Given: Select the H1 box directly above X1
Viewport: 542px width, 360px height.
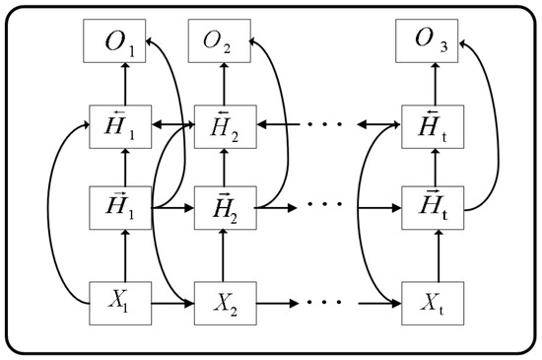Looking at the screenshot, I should click(x=124, y=209).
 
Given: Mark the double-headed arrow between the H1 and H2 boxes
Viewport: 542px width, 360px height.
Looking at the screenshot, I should click(x=172, y=126).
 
